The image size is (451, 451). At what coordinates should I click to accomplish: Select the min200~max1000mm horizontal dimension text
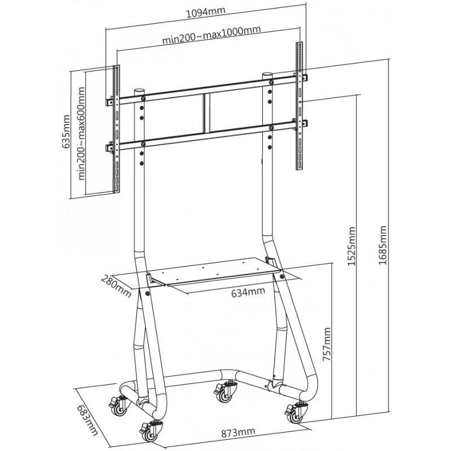click(207, 40)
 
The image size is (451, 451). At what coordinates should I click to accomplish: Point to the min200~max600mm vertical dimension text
click(83, 134)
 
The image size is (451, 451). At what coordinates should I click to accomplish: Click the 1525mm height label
click(352, 246)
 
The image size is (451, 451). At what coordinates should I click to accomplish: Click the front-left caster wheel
click(151, 431)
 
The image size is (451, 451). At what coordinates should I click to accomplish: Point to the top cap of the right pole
click(267, 75)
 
